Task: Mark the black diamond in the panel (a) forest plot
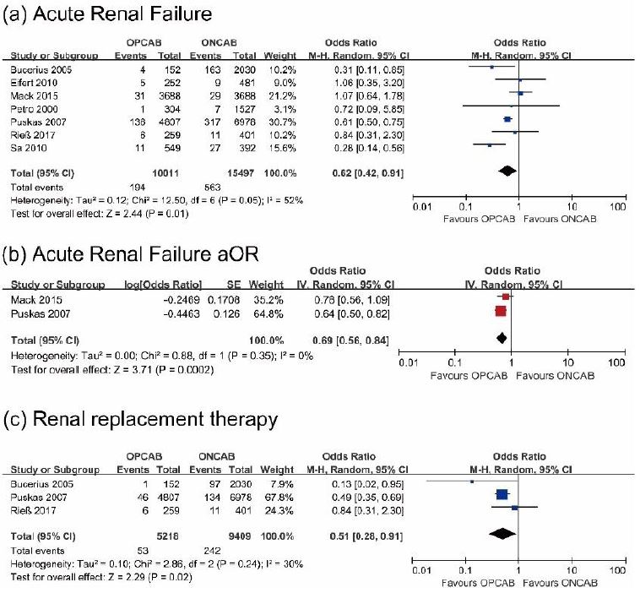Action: tap(507, 171)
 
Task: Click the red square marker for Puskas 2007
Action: tap(500, 311)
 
